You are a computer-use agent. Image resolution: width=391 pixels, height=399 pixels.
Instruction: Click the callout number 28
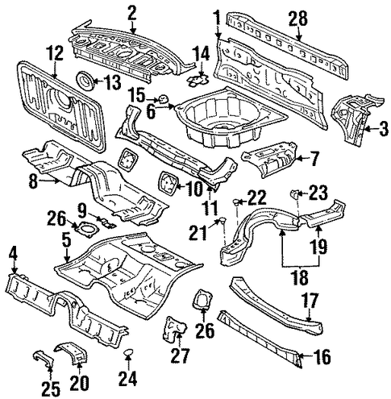click(297, 19)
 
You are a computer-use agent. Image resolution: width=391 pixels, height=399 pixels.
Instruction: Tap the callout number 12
click(56, 53)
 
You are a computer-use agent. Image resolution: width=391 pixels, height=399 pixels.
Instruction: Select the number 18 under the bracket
click(301, 277)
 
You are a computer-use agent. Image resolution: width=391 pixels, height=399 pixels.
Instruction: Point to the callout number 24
click(128, 378)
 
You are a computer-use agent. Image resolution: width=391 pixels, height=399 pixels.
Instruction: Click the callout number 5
click(66, 240)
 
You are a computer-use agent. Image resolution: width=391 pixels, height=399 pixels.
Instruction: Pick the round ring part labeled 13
click(85, 79)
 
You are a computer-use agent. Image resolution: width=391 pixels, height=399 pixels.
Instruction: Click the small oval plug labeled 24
click(128, 352)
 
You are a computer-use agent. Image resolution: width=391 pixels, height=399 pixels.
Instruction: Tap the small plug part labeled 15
click(163, 98)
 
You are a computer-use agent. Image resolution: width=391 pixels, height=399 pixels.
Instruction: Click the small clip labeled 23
click(295, 193)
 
